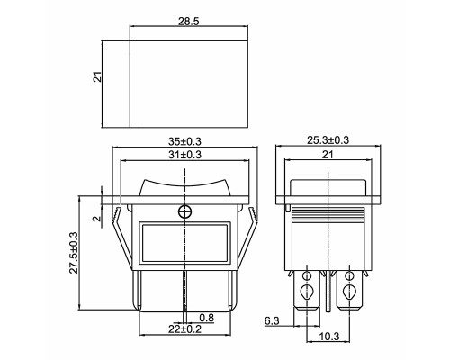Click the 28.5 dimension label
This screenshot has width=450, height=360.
189,22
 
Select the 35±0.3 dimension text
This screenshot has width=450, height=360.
184,141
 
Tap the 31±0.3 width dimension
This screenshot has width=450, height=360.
184,155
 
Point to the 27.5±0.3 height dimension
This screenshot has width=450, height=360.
74,253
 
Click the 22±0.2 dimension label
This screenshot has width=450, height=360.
184,329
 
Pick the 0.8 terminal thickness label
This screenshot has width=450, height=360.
207,318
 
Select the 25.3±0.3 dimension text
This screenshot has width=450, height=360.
328,140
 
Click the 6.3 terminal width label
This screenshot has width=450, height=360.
272,320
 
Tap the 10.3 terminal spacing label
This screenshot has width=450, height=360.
329,337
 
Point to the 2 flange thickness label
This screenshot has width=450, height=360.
97,219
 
